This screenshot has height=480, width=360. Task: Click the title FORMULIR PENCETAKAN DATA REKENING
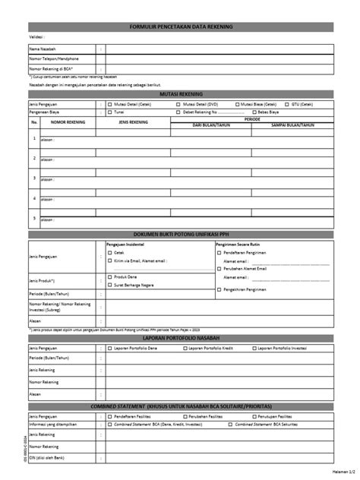(x=180, y=27)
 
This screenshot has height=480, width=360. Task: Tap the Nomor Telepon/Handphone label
(x=53, y=58)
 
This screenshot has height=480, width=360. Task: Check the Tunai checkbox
(x=111, y=112)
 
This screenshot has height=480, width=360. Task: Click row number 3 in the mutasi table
(x=33, y=178)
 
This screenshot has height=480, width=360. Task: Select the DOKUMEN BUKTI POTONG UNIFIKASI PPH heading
(x=180, y=234)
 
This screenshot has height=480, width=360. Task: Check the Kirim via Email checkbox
(x=111, y=260)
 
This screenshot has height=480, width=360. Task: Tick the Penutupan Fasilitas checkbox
(x=264, y=418)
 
